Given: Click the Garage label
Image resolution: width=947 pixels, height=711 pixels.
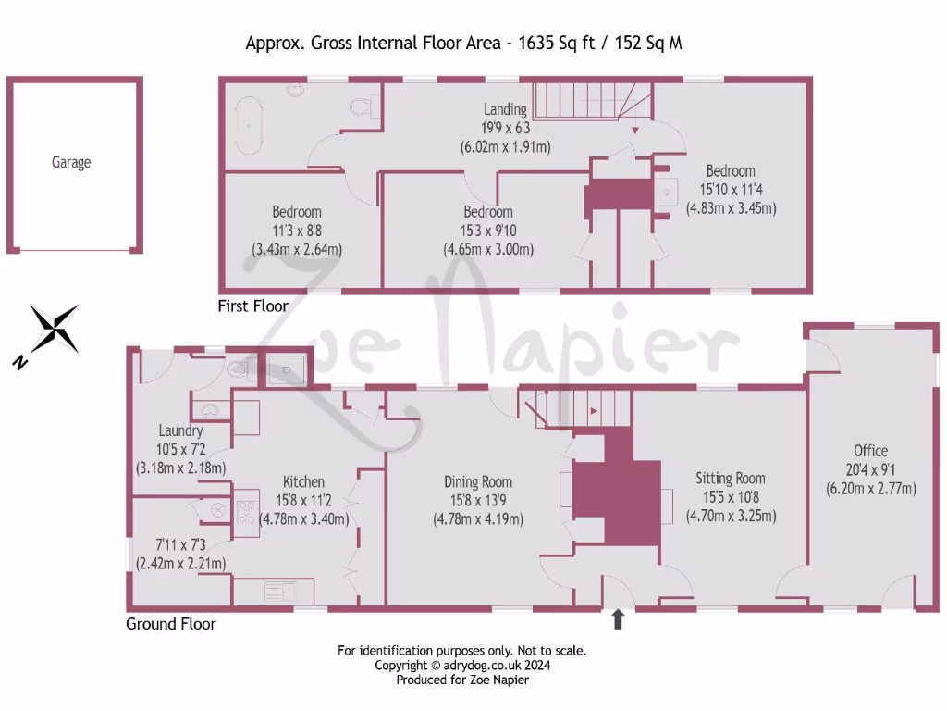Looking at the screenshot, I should [x=71, y=163].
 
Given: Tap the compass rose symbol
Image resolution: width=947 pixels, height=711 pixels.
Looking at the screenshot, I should [x=55, y=330].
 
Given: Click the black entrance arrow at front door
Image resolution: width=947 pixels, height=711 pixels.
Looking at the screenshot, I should [x=618, y=619].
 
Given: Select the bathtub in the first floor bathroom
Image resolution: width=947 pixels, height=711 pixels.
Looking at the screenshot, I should [x=247, y=125].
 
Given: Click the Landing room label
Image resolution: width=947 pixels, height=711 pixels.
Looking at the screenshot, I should [x=505, y=110].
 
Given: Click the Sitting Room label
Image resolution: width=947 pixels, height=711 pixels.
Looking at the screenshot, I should [x=731, y=479].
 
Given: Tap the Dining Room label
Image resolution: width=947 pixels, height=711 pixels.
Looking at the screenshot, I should [x=478, y=481].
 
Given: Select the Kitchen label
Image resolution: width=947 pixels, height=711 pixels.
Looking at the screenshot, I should [x=303, y=481].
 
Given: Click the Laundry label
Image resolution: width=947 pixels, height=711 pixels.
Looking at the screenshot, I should [x=180, y=430].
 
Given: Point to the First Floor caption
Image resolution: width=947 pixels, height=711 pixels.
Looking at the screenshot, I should [x=252, y=306].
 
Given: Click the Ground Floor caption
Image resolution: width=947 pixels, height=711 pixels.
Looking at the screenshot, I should [x=171, y=624].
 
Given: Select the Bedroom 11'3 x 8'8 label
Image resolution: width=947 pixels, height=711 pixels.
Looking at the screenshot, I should [x=297, y=211].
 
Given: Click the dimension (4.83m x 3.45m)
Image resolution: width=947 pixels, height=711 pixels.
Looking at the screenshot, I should [x=731, y=208].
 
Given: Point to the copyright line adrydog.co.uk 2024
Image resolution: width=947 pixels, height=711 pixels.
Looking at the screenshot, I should [x=462, y=665].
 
